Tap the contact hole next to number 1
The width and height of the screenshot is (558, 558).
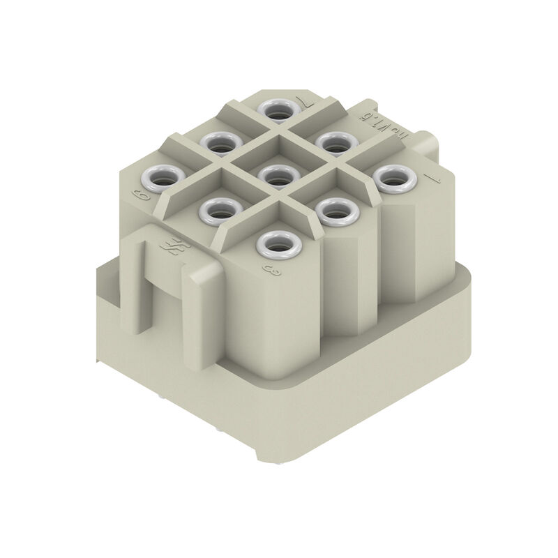pos(395,178)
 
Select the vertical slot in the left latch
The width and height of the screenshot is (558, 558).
pos(144,279)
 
